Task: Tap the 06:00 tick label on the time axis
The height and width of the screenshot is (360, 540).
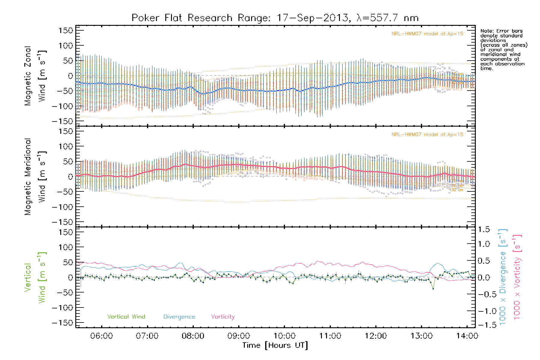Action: click(x=101, y=336)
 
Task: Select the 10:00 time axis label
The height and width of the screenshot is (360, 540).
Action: click(x=284, y=336)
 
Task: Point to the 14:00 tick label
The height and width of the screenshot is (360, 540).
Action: click(x=467, y=336)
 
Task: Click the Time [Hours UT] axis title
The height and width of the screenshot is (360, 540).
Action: click(x=275, y=345)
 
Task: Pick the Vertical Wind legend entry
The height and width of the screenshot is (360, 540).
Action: click(x=126, y=317)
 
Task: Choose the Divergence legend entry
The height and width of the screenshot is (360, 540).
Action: click(x=179, y=317)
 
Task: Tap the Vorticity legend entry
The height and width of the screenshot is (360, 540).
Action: click(x=223, y=317)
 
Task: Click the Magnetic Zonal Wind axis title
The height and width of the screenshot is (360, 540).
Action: click(x=35, y=76)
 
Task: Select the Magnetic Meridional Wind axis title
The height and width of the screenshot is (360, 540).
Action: click(x=35, y=177)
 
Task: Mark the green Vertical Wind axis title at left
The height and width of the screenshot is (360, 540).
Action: click(x=35, y=277)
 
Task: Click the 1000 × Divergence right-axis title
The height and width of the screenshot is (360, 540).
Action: click(x=503, y=277)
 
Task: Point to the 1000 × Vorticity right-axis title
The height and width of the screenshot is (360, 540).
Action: click(x=517, y=277)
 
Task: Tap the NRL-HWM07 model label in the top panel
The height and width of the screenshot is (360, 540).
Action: click(x=427, y=34)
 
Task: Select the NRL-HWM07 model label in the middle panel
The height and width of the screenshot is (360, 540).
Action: click(x=427, y=135)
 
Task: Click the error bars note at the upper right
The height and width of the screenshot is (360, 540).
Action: click(x=503, y=49)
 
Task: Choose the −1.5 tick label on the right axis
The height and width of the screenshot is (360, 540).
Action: click(x=484, y=325)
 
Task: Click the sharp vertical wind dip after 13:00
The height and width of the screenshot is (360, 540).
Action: click(x=433, y=289)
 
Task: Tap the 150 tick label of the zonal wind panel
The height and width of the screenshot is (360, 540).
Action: click(x=66, y=31)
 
